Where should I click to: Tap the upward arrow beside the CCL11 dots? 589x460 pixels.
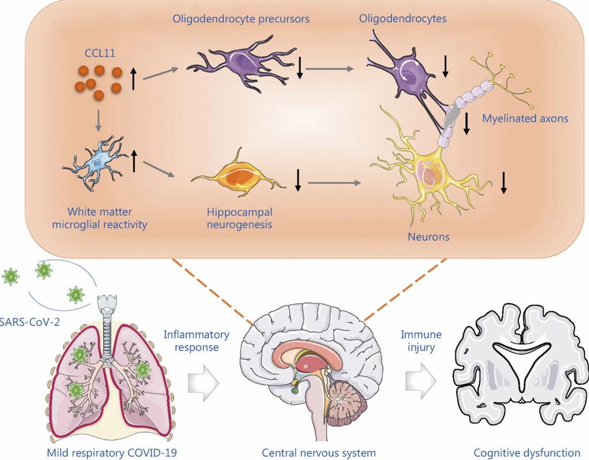click(133, 79)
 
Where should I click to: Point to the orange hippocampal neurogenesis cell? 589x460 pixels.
click(238, 177)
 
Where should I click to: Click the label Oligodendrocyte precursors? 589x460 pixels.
click(241, 19)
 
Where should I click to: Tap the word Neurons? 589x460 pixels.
click(428, 236)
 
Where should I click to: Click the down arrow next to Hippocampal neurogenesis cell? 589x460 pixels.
click(298, 180)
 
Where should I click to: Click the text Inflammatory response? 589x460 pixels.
click(196, 341)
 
